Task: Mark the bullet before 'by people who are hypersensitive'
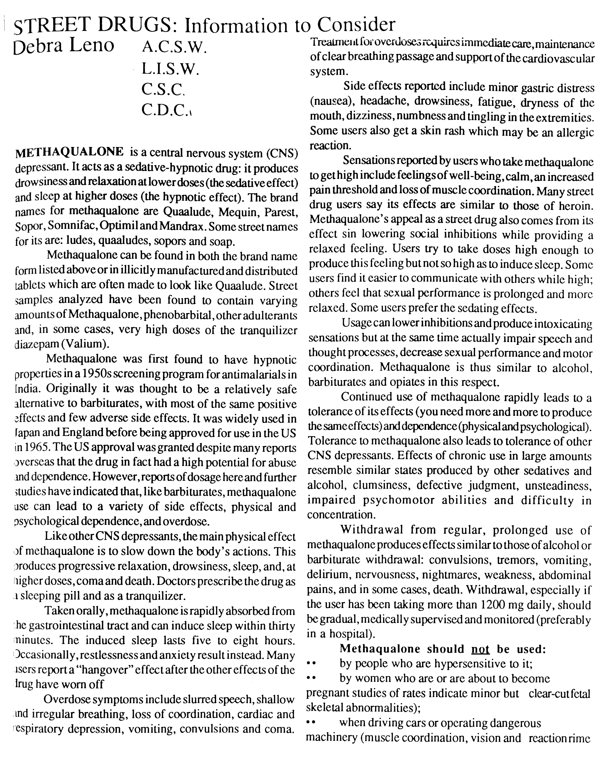click(x=311, y=664)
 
